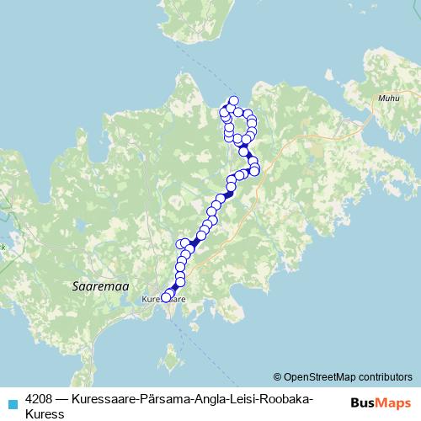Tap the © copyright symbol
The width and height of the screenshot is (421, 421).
pyautogui.click(x=278, y=376)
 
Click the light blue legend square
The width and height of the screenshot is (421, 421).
pyautogui.click(x=12, y=403)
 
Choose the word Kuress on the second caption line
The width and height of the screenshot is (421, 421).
pyautogui.click(x=45, y=413)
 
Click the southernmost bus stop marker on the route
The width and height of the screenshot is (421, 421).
pyautogui.click(x=166, y=296)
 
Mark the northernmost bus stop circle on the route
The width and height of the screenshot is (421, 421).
pyautogui.click(x=233, y=101)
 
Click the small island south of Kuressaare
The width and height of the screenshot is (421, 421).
pyautogui.click(x=172, y=363)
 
